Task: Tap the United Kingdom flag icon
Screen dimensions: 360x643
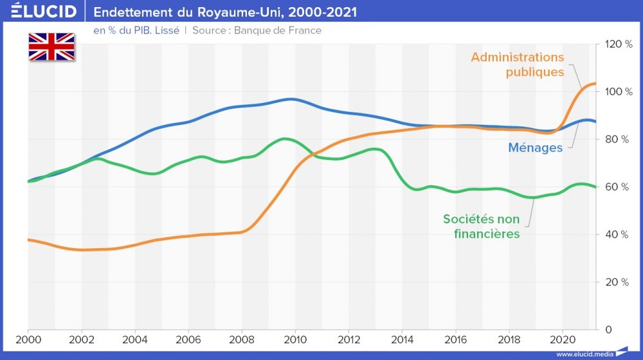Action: [x=51, y=47]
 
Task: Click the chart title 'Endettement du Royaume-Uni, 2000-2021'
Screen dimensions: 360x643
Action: [x=226, y=12]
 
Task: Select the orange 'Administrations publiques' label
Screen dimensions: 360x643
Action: [x=518, y=64]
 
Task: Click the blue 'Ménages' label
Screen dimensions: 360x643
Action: [x=536, y=147]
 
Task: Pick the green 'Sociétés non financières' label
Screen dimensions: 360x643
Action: [x=482, y=226]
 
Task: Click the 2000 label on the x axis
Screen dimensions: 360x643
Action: [x=28, y=339]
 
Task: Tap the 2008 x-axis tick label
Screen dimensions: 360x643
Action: [x=241, y=339]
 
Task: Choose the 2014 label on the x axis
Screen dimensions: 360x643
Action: [x=402, y=339]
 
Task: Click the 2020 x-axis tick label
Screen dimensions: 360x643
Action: [x=563, y=339]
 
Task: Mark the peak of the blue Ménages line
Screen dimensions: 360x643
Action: [x=291, y=99]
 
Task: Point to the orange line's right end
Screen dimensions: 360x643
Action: [x=595, y=84]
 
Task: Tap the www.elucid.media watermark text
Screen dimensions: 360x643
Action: [x=584, y=354]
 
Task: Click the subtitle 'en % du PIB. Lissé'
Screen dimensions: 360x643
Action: [x=136, y=30]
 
